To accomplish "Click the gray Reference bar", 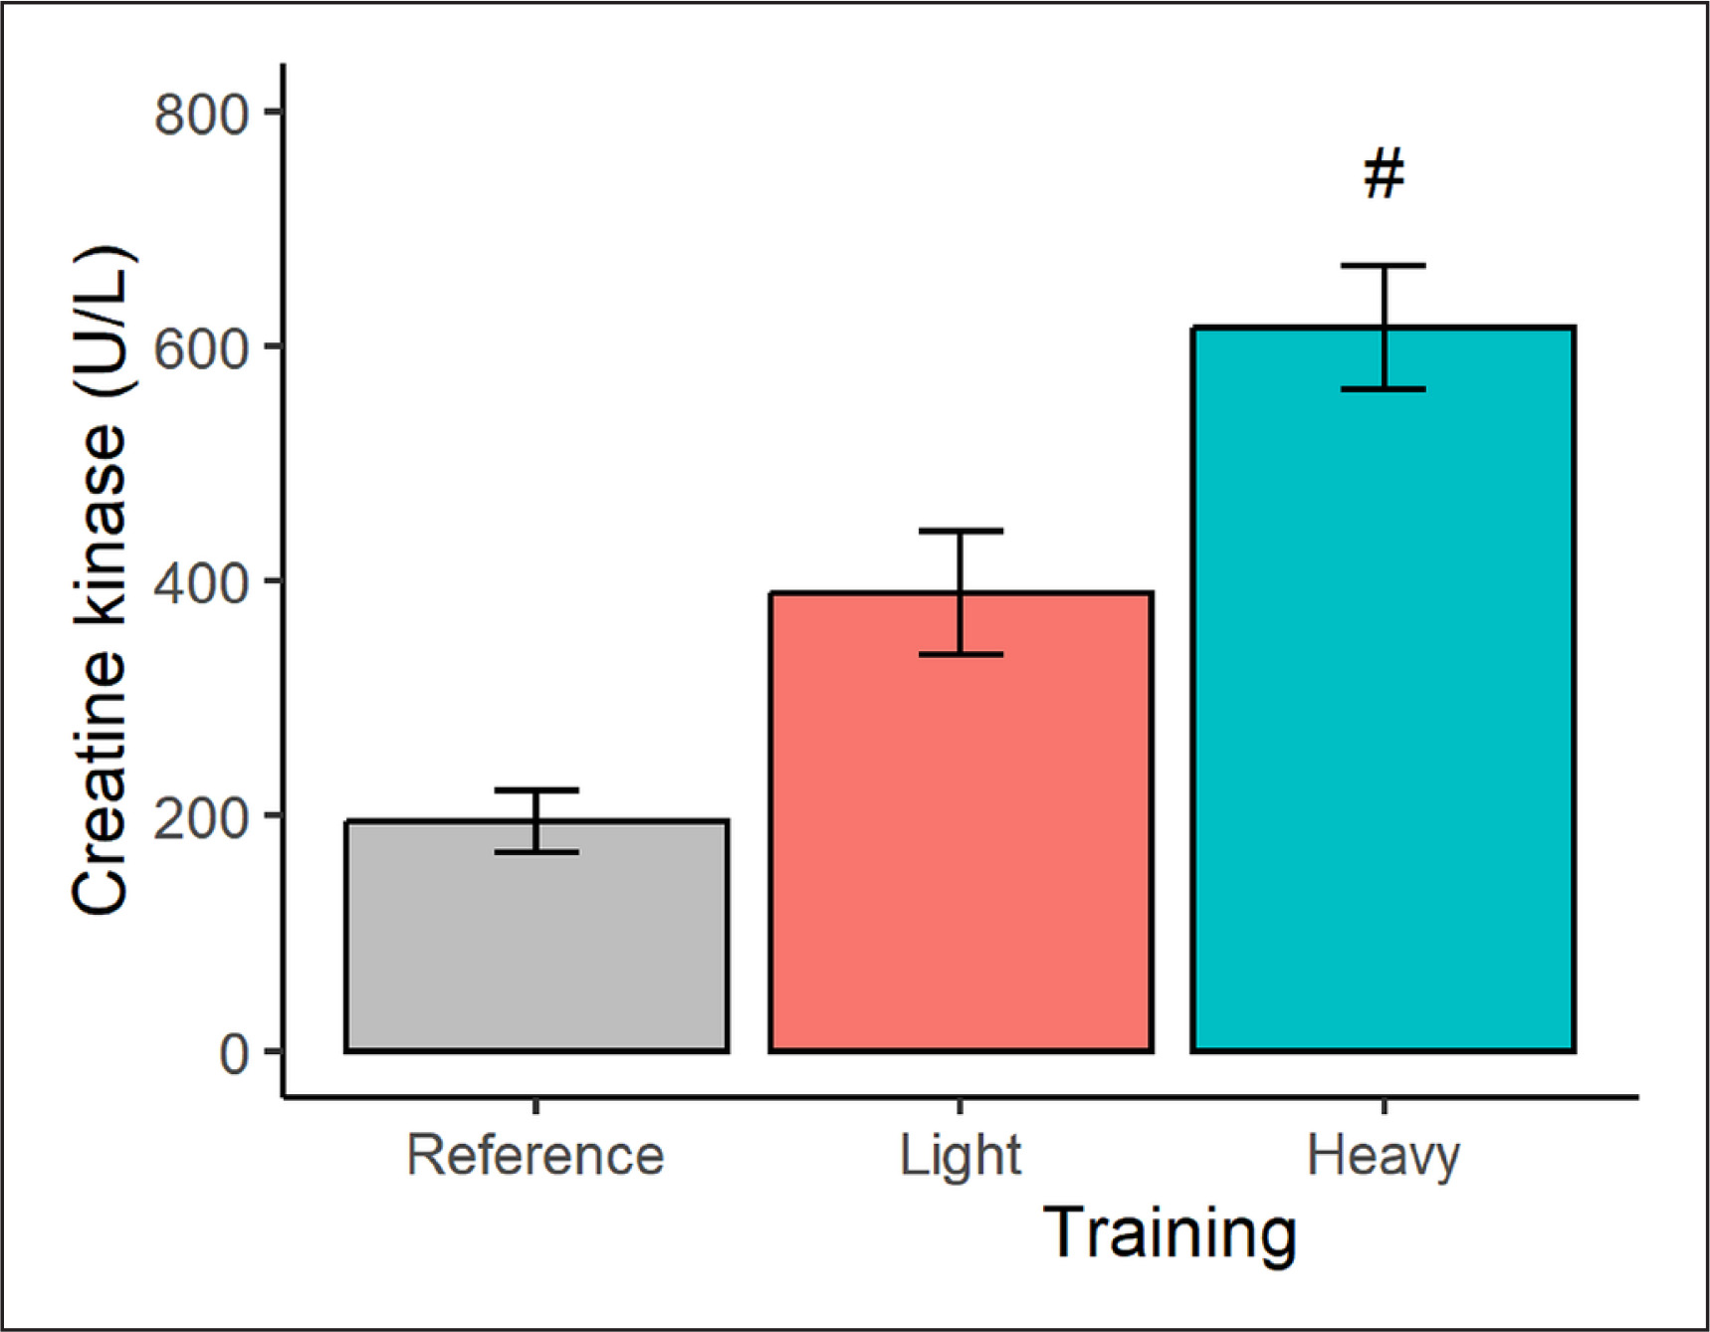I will point(536,946).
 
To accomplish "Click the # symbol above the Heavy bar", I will point(1384,173).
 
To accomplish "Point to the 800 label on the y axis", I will point(201,113).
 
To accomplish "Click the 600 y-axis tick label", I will point(201,347).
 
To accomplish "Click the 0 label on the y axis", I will point(234,1051).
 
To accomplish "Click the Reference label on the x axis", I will point(535,1156).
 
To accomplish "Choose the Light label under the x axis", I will point(960,1156).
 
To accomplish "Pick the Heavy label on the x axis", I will point(1384,1156).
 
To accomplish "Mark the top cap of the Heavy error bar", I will point(1384,266).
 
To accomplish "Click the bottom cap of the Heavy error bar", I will point(1384,389).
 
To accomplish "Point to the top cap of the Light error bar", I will point(961,532).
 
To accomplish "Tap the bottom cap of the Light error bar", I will point(961,654).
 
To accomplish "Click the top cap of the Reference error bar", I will point(536,790).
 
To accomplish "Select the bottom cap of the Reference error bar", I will point(536,852).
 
